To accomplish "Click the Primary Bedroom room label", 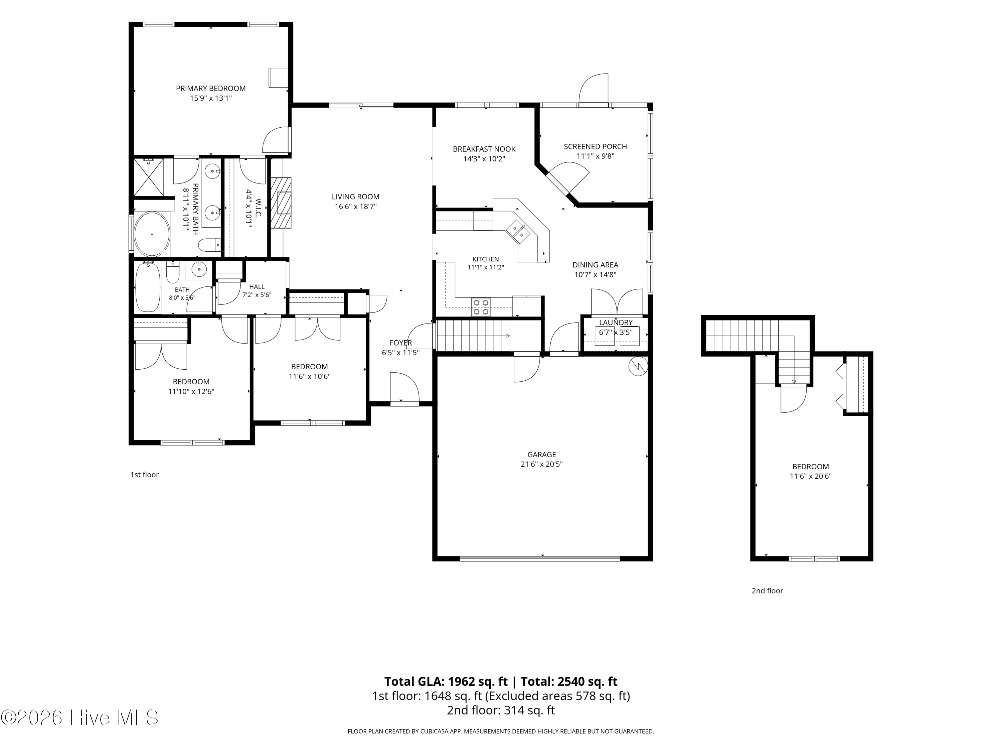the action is click(211, 88).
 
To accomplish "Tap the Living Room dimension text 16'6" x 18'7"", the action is click(356, 207).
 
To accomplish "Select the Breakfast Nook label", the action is click(484, 149).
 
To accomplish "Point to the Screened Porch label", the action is click(595, 146).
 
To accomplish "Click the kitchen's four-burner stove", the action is click(481, 307).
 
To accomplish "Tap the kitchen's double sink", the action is click(518, 231).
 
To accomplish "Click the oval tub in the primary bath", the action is click(152, 234).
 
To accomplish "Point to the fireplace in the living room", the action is click(281, 202).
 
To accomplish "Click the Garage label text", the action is click(541, 454).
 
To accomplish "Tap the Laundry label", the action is click(616, 322).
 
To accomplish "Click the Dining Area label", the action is click(595, 265).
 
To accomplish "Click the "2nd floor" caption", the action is click(767, 591).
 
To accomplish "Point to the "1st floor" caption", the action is click(145, 475).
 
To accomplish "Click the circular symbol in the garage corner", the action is click(638, 366).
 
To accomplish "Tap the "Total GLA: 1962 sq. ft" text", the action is click(446, 681).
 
